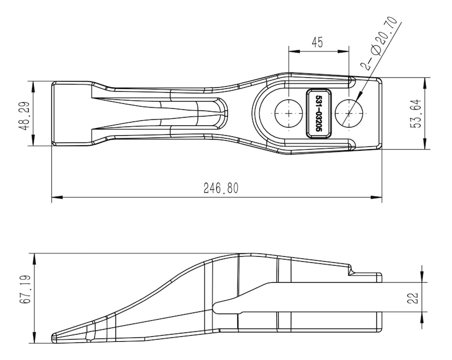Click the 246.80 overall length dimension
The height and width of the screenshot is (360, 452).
[221, 188]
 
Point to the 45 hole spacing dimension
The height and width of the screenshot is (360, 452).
[317, 43]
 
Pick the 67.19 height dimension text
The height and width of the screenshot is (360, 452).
[25, 289]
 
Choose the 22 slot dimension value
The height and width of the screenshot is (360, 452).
[412, 298]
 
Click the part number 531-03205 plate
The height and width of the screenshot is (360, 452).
[318, 113]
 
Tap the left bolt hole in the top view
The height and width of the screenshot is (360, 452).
[289, 113]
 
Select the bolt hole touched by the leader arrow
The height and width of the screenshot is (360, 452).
[349, 113]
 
